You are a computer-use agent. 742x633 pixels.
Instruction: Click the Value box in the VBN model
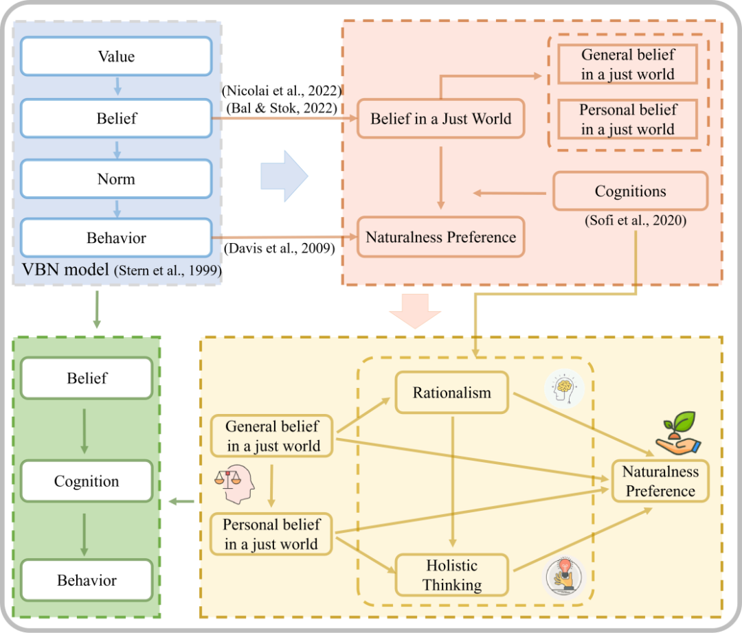pyautogui.click(x=116, y=56)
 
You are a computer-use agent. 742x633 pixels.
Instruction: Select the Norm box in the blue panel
pyautogui.click(x=116, y=179)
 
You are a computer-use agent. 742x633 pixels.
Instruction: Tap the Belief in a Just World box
pyautogui.click(x=441, y=119)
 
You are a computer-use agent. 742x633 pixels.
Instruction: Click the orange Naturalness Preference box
pyautogui.click(x=441, y=238)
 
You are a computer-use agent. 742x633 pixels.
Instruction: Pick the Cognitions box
pyautogui.click(x=630, y=191)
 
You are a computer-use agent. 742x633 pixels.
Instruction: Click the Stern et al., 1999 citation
pyautogui.click(x=168, y=271)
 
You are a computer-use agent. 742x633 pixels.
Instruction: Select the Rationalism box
pyautogui.click(x=451, y=393)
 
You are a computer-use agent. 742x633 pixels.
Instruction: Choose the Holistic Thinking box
pyautogui.click(x=451, y=575)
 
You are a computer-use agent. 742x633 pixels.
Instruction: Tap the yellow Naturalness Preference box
pyautogui.click(x=660, y=481)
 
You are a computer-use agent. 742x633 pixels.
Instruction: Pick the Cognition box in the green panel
pyautogui.click(x=87, y=481)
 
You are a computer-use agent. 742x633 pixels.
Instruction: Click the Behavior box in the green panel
pyautogui.click(x=87, y=580)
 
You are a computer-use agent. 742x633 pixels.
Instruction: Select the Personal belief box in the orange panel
pyautogui.click(x=628, y=119)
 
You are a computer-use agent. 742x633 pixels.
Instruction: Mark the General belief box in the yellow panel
pyautogui.click(x=273, y=436)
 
